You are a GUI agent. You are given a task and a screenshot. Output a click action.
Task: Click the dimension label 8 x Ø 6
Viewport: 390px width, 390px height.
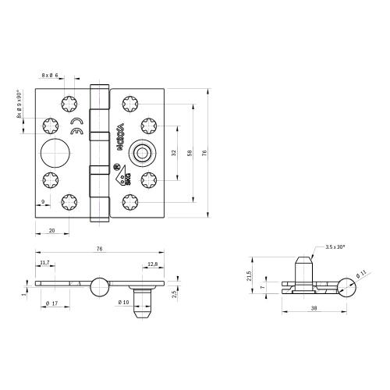coord(50,75)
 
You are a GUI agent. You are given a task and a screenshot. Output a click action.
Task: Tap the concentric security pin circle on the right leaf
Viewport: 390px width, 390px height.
coord(143,152)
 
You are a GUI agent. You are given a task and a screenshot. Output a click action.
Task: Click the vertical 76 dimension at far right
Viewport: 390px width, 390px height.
coord(205,152)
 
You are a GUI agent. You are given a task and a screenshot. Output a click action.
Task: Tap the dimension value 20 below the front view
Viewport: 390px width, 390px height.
coord(51,231)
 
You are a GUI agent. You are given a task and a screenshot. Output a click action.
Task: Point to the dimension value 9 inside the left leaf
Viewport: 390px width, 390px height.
coord(41,203)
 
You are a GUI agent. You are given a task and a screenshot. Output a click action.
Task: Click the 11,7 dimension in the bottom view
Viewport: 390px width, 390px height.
coord(44,264)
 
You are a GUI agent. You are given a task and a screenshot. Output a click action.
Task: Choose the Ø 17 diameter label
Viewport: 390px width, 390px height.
coord(51,303)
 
